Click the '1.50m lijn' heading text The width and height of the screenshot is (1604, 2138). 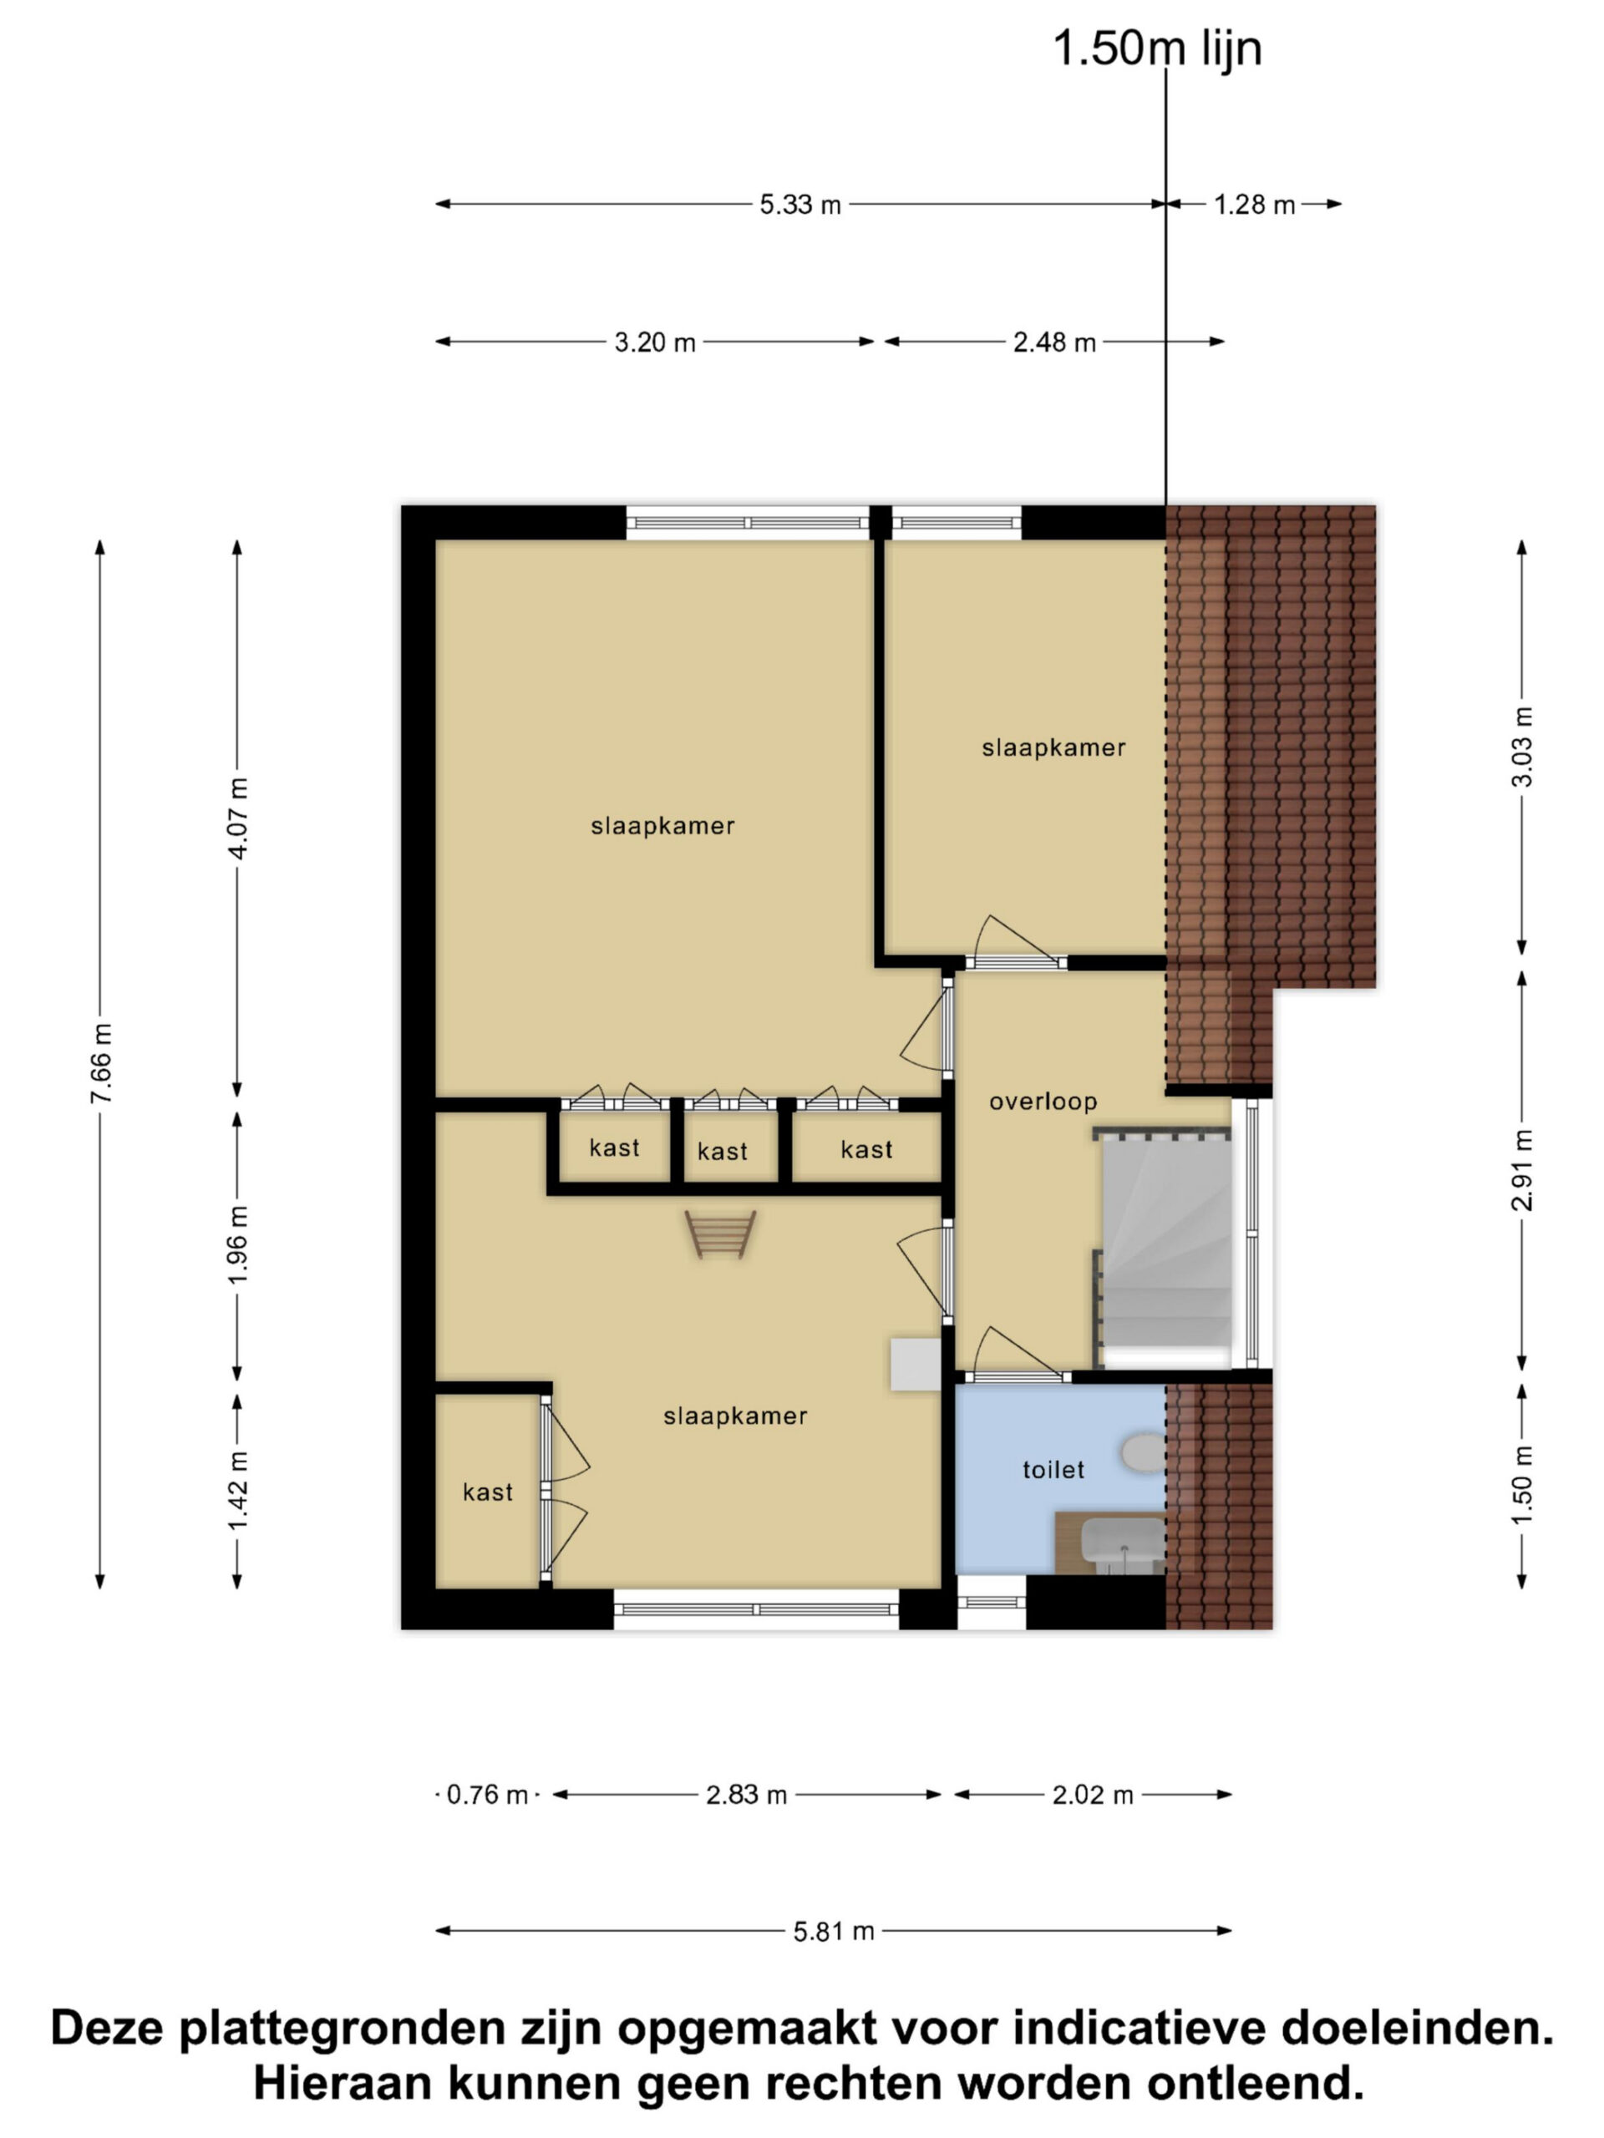point(1156,48)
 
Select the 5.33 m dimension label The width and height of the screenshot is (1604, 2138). point(799,205)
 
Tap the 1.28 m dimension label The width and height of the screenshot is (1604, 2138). point(1254,205)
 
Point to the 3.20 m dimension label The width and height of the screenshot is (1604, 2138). point(655,342)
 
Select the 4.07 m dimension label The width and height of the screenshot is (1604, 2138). point(239,818)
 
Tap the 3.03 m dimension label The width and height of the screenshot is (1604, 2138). point(1522,747)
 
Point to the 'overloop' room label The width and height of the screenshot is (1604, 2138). point(1043,1101)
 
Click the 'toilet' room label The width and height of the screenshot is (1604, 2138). point(1053,1469)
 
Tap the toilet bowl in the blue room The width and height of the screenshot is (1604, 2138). point(1145,1452)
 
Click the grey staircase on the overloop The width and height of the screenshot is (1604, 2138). point(1167,1242)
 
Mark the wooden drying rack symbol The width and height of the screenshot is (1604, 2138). point(720,1234)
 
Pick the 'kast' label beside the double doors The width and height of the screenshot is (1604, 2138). point(487,1492)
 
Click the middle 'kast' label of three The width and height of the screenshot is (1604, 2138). point(723,1151)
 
